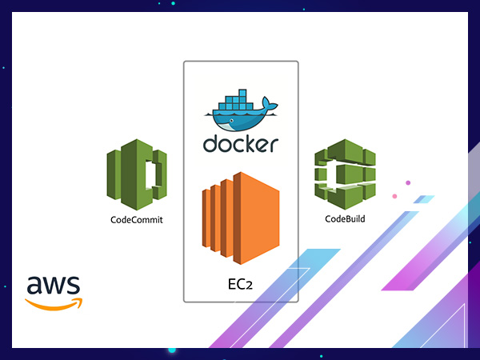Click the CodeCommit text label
(137, 220)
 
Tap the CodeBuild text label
(345, 219)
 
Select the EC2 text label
(240, 284)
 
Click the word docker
(241, 143)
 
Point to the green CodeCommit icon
(137, 174)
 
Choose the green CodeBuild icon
(345, 174)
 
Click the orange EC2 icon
(241, 218)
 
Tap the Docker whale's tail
(270, 105)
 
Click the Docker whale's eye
(232, 120)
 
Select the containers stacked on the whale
(235, 100)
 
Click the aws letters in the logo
(54, 285)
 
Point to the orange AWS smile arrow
(54, 304)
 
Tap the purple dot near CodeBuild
(408, 182)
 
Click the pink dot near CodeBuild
(394, 196)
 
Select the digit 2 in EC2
(249, 286)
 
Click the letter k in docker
(250, 143)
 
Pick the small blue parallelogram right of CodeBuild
(424, 199)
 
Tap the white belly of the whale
(225, 126)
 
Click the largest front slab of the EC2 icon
(257, 218)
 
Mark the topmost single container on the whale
(242, 93)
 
